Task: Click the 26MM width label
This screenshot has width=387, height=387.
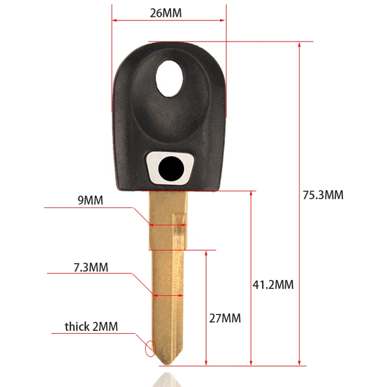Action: (x=165, y=13)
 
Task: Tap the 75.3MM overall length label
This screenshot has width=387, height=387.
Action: (x=323, y=195)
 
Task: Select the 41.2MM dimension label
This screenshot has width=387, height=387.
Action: (x=273, y=284)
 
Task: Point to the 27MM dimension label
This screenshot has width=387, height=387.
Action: (x=225, y=318)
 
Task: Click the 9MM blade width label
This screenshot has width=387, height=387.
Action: (x=90, y=200)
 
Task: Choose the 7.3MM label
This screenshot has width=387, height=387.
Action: (x=91, y=268)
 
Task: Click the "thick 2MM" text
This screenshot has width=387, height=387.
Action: (x=91, y=327)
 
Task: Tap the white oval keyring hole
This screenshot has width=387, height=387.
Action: (x=169, y=78)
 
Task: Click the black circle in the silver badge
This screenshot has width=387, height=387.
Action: (x=171, y=169)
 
